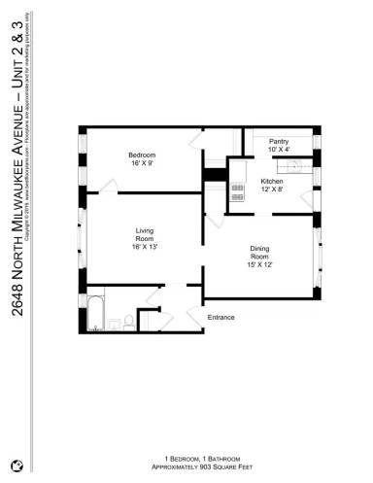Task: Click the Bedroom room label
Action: pos(142,155)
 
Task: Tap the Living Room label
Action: pos(144,233)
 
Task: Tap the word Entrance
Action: pos(221,318)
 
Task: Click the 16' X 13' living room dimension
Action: pos(144,247)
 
